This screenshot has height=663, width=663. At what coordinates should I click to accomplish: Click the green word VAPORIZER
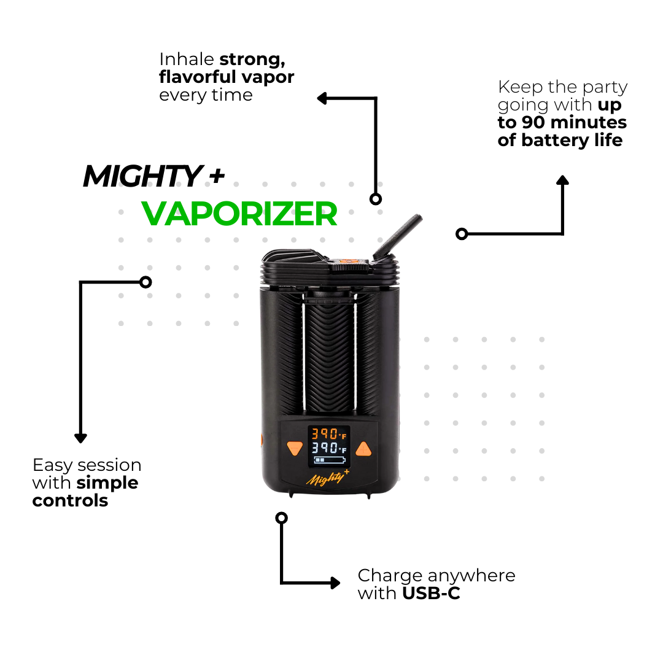pos(239,214)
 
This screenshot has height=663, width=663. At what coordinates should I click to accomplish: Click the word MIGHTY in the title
pos(141,177)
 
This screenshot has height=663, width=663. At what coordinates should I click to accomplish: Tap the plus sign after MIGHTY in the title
pos(216,177)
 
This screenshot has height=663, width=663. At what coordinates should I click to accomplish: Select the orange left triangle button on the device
pos(295,449)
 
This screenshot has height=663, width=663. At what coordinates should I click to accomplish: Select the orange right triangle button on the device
pos(364,449)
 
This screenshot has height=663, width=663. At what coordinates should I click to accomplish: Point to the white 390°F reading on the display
pos(328,448)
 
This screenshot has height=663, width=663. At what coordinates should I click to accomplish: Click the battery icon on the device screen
pos(328,460)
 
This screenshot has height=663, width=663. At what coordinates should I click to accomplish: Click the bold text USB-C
pos(431,594)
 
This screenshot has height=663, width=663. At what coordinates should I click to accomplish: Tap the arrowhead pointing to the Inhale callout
pos(322,98)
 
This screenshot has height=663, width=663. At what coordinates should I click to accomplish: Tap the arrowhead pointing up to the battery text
pos(562,180)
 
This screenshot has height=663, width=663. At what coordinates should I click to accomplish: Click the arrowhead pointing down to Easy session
pos(80,438)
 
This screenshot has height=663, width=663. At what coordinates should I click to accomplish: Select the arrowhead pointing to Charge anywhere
pos(335,583)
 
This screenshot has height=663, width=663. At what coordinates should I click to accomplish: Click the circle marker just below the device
pos(281,518)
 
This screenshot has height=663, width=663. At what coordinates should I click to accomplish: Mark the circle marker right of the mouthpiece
pos(462,233)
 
